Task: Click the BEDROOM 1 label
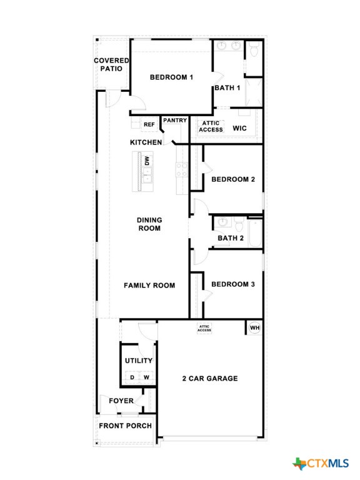point(171,77)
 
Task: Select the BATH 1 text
point(227,88)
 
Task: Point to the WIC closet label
point(240,128)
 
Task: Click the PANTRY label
point(174,120)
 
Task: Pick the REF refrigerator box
point(149,125)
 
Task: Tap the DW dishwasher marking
point(146,161)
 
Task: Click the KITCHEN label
point(146,142)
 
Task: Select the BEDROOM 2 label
point(232,179)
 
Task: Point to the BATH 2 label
point(230,238)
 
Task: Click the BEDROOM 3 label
point(232,284)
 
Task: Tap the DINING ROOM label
point(149,224)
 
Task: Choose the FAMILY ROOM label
point(149,286)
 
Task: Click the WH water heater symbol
point(254,327)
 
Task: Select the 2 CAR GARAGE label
point(210,378)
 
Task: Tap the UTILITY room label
point(138,361)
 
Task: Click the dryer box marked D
point(132,377)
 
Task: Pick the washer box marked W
point(146,377)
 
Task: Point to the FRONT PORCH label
point(125,426)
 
